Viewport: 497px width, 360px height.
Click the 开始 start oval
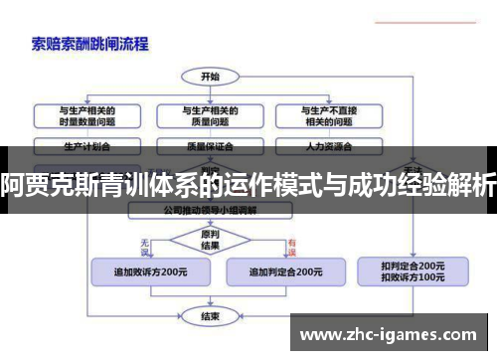click(210, 76)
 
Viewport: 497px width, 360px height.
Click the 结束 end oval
click(210, 317)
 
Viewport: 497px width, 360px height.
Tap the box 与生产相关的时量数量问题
click(86, 116)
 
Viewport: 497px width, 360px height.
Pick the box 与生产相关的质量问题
click(211, 116)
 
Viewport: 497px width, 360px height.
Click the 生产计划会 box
click(86, 145)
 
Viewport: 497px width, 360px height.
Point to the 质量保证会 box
click(211, 145)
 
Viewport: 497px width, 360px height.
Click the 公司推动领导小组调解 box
click(210, 211)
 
